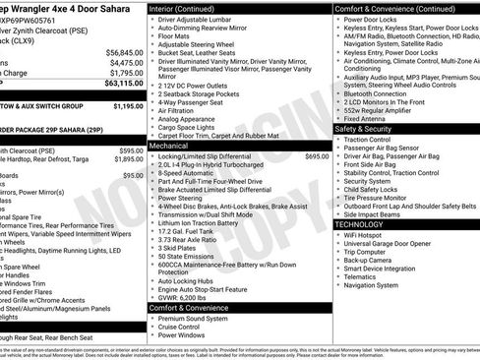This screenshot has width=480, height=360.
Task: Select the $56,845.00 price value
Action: [x=124, y=51]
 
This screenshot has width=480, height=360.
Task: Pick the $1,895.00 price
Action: [x=128, y=158]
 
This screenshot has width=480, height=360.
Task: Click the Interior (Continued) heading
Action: [x=190, y=8]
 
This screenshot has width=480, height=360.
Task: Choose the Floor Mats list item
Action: [x=177, y=36]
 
